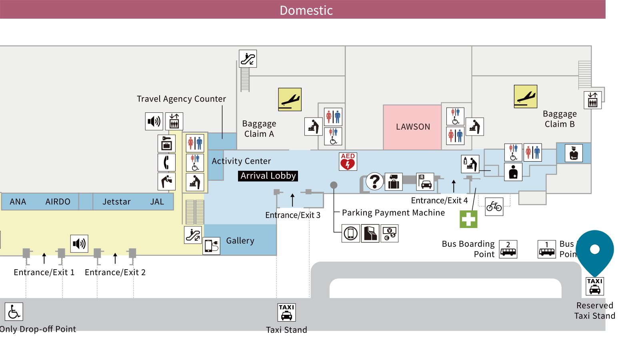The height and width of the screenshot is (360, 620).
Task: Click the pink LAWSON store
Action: pos(412,127)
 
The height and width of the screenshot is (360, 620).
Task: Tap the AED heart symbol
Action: pos(348,162)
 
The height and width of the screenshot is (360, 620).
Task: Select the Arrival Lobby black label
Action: pos(268,176)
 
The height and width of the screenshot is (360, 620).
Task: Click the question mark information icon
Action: pos(374,182)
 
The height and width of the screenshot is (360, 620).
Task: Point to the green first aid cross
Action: pos(468,219)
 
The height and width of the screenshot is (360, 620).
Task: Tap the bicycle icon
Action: pos(494,206)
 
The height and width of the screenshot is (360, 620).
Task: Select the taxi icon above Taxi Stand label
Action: pos(286,312)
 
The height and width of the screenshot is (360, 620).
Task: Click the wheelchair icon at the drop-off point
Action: pos(14,312)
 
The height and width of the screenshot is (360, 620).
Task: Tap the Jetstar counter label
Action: pos(116,202)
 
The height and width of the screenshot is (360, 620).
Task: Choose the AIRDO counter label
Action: pos(58,202)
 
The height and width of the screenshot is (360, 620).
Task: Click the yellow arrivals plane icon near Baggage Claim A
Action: pos(290,100)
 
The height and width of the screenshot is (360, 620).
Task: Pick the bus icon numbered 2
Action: pos(508,249)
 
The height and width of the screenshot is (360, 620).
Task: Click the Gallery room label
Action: pos(240,241)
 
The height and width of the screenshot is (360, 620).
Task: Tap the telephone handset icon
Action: pos(166,162)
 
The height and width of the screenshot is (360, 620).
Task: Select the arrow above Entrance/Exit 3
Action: pos(292,200)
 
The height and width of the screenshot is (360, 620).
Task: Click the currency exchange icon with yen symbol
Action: pos(390,233)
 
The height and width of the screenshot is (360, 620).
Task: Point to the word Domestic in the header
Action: pos(306,10)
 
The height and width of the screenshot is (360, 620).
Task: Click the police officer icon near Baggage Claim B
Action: pos(574,153)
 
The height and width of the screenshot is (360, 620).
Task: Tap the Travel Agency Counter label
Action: pos(181,99)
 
